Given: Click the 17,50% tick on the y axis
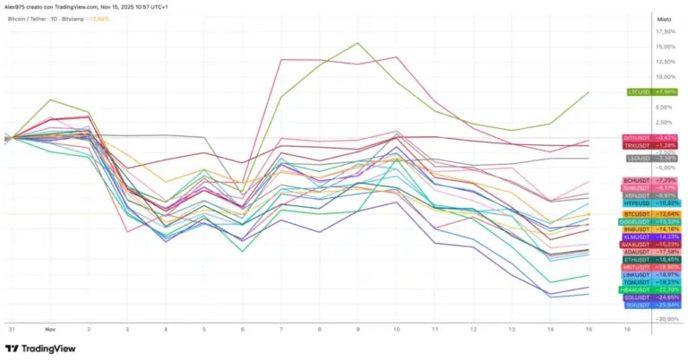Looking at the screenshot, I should click(666, 30).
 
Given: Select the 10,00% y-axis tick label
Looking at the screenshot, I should click(666, 76).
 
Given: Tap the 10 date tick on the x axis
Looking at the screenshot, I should click(396, 329).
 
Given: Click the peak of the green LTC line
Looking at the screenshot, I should click(358, 43).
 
